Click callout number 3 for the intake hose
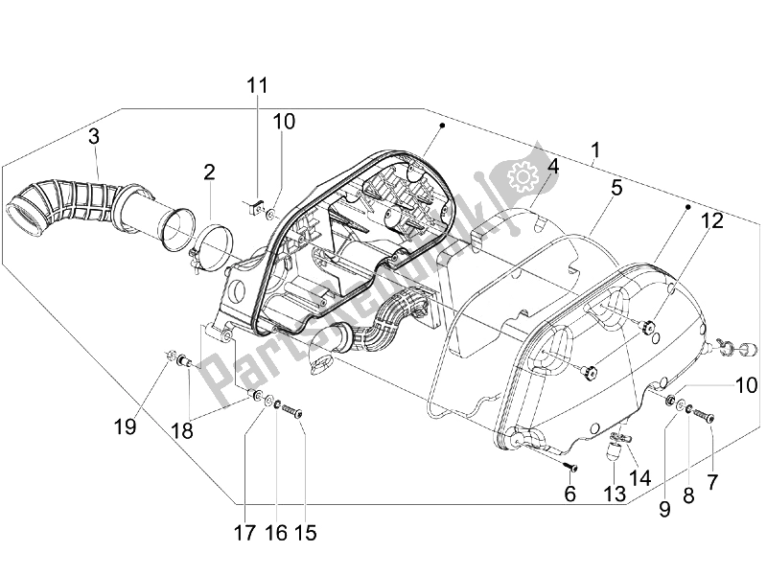coord(94,136)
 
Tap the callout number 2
coord(208,172)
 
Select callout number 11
coord(254,85)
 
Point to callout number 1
coord(595,150)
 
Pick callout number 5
coord(616,188)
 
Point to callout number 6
coord(569,494)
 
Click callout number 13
coord(614,494)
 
